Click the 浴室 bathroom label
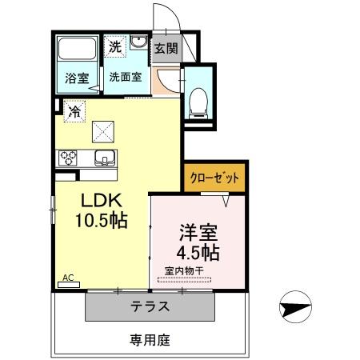(77, 78)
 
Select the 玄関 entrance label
(166, 48)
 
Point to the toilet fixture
(197, 99)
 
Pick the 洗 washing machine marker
(116, 47)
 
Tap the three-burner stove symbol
(66, 157)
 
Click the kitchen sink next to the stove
(103, 157)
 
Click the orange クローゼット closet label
(214, 177)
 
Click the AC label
(68, 278)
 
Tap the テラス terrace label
(150, 306)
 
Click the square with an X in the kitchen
(103, 129)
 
